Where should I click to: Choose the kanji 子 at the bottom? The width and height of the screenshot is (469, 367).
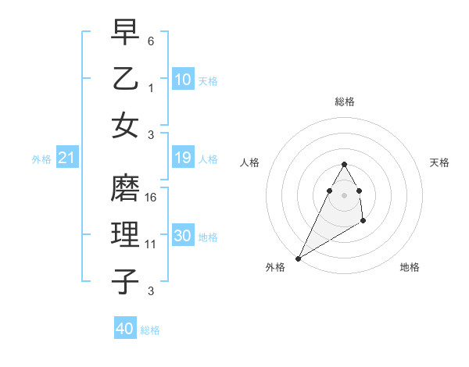click(125, 281)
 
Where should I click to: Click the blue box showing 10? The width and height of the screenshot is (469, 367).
click(183, 80)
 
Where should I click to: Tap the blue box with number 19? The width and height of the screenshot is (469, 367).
click(183, 159)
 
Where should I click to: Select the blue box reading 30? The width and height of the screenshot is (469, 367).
click(183, 237)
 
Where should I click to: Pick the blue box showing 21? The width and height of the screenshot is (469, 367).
click(67, 159)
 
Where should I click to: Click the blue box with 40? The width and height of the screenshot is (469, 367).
click(125, 329)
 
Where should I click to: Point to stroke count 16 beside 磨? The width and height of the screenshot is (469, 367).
click(152, 198)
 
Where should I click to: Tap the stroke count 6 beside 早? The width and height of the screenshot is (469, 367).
click(151, 41)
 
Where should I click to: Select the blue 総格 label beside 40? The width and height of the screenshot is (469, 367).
click(150, 330)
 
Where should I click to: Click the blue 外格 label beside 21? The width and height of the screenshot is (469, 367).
click(41, 159)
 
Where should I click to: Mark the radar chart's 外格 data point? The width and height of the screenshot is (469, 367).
click(298, 258)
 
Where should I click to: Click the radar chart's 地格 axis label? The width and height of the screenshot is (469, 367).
click(410, 267)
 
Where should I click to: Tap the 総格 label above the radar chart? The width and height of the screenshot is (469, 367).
click(344, 102)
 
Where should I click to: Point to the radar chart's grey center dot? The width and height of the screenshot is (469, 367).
click(344, 195)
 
